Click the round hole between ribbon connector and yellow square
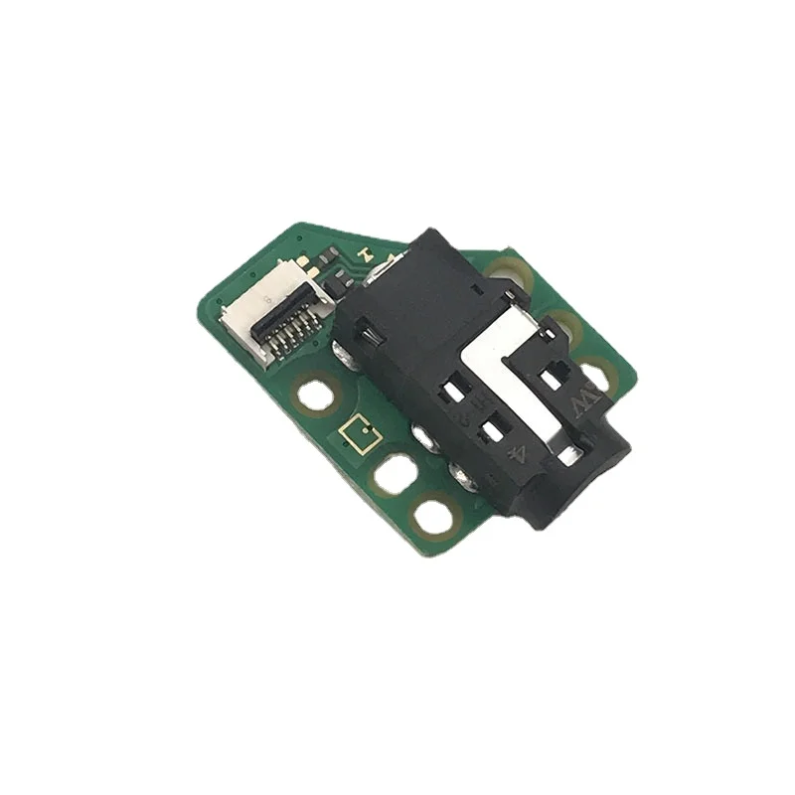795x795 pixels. click(315, 397)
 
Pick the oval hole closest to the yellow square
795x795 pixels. click(396, 475)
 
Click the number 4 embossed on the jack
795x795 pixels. click(518, 456)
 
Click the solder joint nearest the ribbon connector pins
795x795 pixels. click(344, 353)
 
